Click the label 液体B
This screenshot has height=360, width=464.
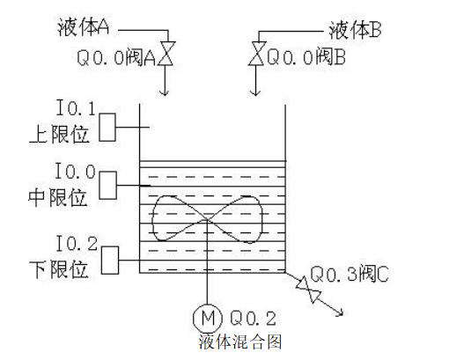(x=354, y=30)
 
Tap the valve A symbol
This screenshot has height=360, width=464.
(x=169, y=54)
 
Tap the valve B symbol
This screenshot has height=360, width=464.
(x=256, y=54)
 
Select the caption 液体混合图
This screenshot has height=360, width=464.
(x=240, y=339)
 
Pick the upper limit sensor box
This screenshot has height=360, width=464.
(x=107, y=129)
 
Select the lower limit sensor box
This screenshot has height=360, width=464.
(x=109, y=260)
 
